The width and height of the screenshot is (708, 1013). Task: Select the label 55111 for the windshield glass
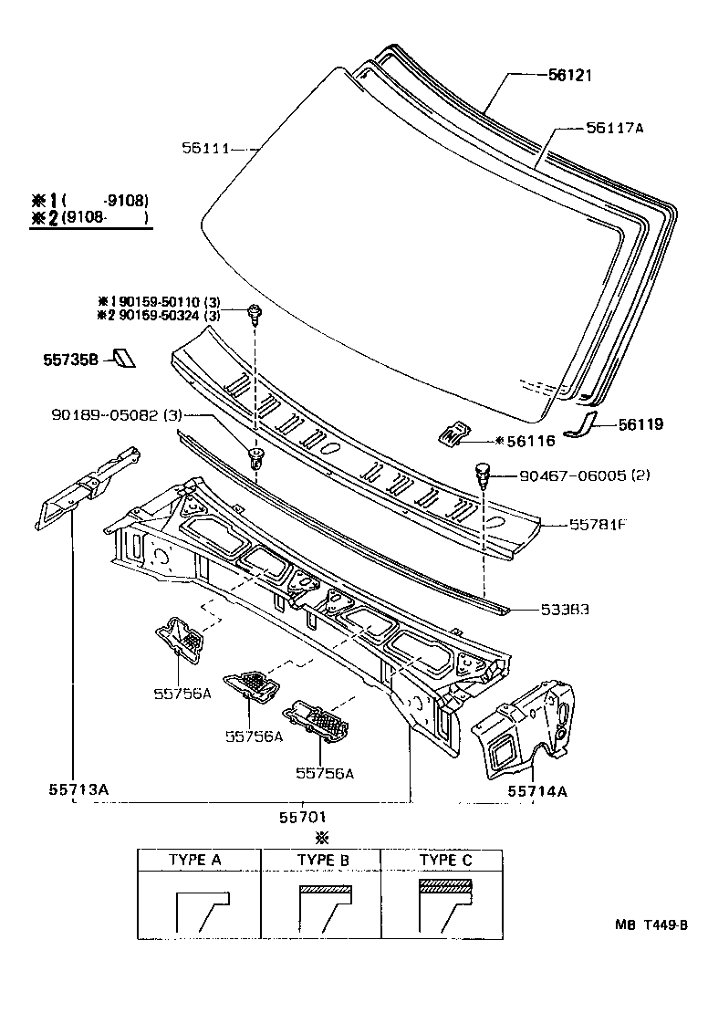coord(206,147)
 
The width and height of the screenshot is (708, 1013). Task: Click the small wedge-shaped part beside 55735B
coord(122,359)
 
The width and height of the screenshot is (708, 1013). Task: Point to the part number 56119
coord(640,424)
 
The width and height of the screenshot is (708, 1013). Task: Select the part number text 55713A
coord(78,788)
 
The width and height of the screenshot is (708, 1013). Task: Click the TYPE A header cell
coord(194,860)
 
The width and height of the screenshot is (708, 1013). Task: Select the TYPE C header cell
coord(445,860)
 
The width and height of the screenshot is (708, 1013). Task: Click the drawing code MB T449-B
coord(650,924)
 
